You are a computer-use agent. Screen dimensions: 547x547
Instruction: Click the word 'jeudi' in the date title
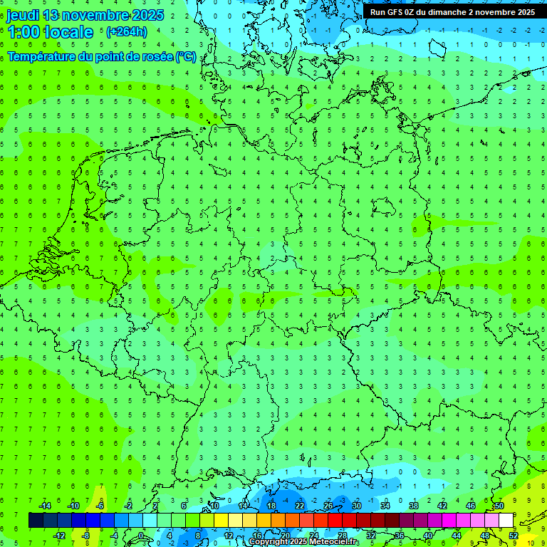tap(22, 15)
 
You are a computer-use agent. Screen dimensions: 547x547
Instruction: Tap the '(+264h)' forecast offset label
tap(126, 31)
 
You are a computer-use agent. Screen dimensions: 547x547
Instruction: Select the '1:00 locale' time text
tap(50, 32)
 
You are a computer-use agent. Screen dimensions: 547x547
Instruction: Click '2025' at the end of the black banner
tap(523, 12)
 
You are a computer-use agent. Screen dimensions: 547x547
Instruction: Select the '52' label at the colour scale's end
tap(513, 535)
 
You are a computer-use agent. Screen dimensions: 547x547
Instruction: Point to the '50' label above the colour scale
tap(499, 506)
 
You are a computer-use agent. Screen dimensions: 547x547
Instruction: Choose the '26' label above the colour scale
tap(328, 506)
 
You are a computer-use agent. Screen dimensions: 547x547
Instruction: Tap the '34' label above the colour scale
tap(385, 506)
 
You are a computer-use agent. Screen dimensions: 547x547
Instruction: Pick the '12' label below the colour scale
tap(228, 535)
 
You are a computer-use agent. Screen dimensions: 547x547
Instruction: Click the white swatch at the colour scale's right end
tap(506, 520)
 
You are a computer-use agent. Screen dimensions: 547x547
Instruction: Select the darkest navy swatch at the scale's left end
tap(36, 520)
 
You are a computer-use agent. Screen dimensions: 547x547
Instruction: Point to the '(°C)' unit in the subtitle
tap(186, 57)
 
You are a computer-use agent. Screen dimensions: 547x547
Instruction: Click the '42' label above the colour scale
tap(442, 506)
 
